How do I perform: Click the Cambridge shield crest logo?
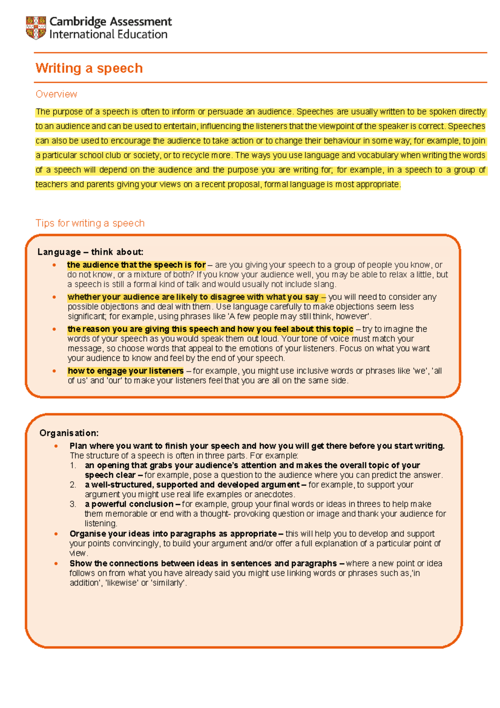(36, 28)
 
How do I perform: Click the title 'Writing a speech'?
(89, 68)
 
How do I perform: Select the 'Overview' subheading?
(56, 94)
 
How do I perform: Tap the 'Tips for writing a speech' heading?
(90, 223)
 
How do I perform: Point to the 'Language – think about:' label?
(90, 252)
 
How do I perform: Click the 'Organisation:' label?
(69, 433)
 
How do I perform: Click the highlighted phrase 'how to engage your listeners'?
(125, 371)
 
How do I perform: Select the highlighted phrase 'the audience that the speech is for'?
(136, 265)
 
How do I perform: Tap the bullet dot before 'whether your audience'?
(54, 297)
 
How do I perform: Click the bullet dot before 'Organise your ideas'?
(56, 534)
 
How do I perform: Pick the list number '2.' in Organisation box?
(73, 485)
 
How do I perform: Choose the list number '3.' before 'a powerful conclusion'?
(73, 504)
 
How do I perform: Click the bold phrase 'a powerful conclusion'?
(129, 504)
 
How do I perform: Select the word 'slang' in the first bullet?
(326, 284)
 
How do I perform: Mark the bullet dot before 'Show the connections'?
(56, 563)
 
